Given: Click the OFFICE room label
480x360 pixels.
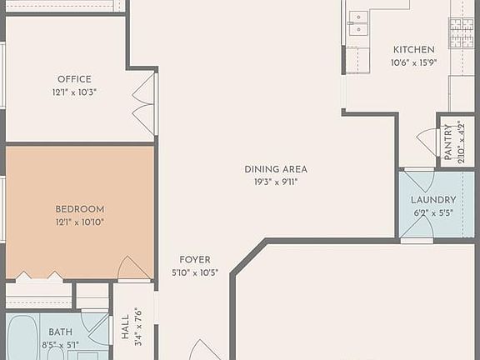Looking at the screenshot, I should (74, 79).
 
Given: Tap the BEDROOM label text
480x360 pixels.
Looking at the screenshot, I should (80, 208).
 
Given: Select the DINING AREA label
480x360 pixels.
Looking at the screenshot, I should (276, 169).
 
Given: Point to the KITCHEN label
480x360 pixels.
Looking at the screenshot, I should (414, 49).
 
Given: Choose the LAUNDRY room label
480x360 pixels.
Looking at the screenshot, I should (433, 200).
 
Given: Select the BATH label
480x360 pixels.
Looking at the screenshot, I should (61, 332).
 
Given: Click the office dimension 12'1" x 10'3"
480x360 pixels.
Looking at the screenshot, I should (74, 92).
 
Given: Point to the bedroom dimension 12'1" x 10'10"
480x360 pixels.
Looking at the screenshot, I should (80, 222).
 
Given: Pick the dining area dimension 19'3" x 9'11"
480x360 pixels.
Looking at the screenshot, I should (276, 182).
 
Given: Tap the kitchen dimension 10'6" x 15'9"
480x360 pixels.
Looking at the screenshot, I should (414, 62).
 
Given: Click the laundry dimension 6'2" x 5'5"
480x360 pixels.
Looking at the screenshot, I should (433, 212).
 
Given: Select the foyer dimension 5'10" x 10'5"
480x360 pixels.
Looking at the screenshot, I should (194, 272).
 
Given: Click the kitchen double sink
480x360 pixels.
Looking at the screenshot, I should (358, 22).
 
